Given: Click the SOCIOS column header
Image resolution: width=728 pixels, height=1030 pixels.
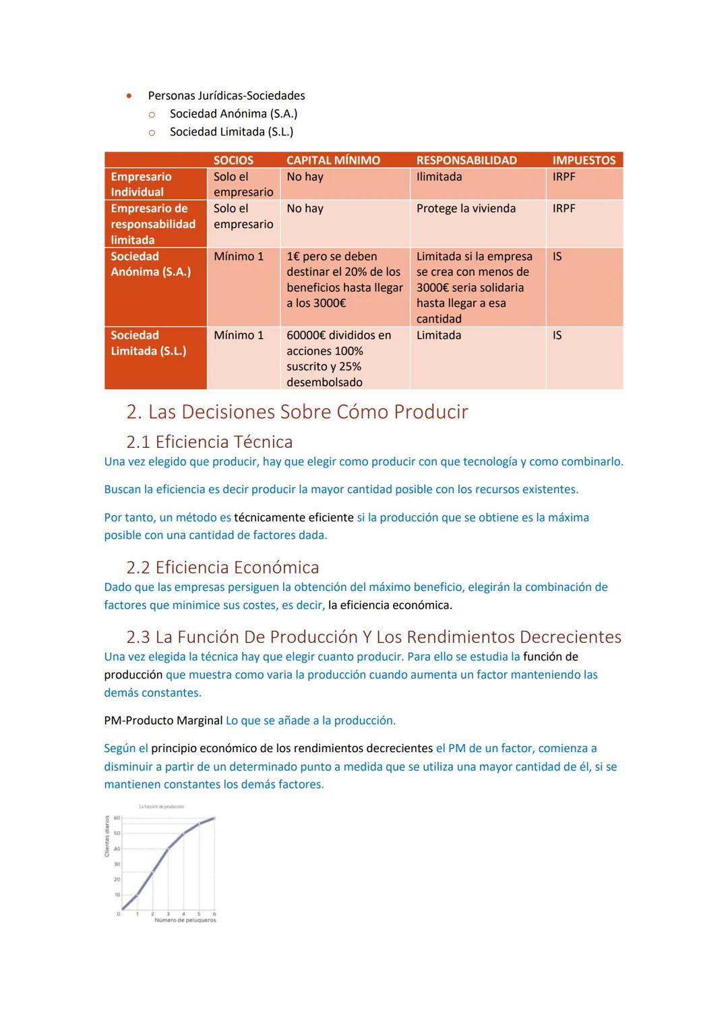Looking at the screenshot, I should coord(233,160).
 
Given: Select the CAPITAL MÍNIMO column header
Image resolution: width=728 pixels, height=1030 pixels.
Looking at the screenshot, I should coord(333,160).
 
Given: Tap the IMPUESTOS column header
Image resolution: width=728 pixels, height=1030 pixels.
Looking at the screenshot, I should coord(584,160).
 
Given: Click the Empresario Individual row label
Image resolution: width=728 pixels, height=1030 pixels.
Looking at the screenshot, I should coord(141,184).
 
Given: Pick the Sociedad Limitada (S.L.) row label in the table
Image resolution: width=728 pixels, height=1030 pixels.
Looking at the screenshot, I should coord(148,343).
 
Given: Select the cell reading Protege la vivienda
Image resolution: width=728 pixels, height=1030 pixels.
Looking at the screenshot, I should coord(466,208).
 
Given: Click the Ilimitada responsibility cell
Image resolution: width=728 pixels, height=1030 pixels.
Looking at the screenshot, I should coord(439,177).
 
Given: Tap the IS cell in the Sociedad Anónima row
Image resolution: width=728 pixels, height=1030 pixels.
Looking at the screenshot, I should coord(557,256).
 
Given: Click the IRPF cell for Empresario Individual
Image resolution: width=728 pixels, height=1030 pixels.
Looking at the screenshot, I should coord(564,177).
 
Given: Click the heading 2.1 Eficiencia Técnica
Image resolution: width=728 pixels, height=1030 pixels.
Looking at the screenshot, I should coord(209,442).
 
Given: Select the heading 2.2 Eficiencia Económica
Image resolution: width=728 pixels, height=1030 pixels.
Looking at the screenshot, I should coord(222,567).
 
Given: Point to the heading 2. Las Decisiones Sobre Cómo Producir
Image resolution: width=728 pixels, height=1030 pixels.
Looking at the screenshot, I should coord(297,411).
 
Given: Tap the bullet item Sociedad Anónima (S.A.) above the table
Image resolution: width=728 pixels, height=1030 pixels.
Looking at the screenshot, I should coord(233,114).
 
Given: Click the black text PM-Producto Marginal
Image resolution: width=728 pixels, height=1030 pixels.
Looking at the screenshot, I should coord(163,720).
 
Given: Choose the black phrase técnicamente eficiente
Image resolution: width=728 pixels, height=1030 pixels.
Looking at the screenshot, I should coord(294,517).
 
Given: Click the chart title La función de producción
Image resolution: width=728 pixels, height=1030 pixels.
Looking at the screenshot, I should coord(161,807).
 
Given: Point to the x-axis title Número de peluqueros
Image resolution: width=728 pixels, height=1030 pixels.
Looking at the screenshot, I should coord(185,920).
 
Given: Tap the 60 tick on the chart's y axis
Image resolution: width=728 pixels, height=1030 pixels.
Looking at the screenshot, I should coord(117,818).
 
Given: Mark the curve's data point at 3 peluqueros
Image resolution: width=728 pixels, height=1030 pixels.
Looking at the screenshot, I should coord(168,849).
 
